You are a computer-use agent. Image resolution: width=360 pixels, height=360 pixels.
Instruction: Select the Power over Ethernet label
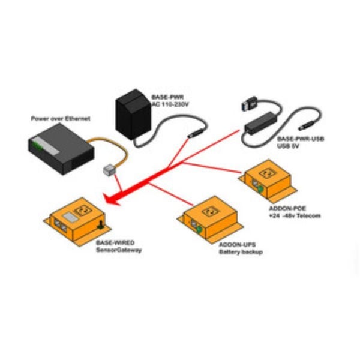[x=61, y=119]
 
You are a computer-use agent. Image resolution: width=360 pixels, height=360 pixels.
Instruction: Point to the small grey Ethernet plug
[x=109, y=170]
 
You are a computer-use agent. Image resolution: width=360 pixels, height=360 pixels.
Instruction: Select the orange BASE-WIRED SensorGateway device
[x=77, y=223]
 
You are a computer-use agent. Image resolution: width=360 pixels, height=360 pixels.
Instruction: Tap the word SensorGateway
[x=119, y=251]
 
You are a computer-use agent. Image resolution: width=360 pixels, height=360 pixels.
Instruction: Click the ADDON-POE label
[x=285, y=208]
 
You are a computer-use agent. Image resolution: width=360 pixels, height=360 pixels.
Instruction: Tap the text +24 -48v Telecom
[x=295, y=215]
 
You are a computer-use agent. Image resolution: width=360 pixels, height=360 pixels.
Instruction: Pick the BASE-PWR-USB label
[x=299, y=139]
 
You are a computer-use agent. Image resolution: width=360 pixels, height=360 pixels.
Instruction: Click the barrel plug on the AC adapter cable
[x=196, y=133]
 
